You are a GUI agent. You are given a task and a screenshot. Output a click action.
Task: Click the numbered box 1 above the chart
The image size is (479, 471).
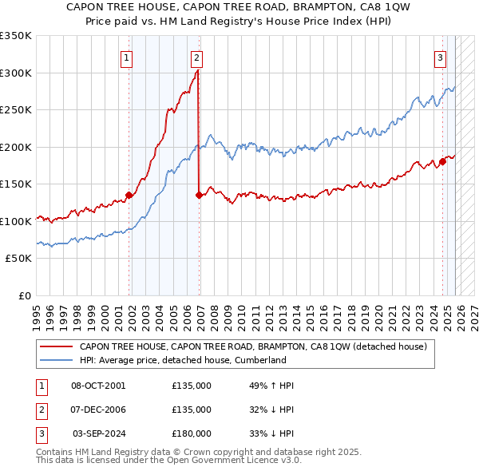(x=128, y=57)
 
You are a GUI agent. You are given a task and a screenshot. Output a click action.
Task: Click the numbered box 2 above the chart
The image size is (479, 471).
(x=196, y=57)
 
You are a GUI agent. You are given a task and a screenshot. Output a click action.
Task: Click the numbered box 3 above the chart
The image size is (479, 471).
(x=440, y=57)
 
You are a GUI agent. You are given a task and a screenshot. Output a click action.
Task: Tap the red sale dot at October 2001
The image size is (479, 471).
(x=129, y=194)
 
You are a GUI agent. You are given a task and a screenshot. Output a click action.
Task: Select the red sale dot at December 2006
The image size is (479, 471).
(x=199, y=194)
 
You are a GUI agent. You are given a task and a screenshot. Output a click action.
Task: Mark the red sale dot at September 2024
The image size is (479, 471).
(x=442, y=161)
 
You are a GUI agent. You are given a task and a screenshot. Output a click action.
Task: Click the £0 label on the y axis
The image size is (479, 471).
(x=25, y=295)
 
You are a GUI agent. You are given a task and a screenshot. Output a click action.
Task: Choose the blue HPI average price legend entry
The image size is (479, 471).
(x=182, y=360)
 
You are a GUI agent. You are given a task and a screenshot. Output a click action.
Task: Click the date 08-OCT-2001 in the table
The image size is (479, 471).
(x=98, y=386)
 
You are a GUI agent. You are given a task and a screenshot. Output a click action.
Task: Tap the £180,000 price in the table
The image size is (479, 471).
(x=192, y=433)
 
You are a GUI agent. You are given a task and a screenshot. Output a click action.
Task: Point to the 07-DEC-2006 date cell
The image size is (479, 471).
(x=98, y=410)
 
